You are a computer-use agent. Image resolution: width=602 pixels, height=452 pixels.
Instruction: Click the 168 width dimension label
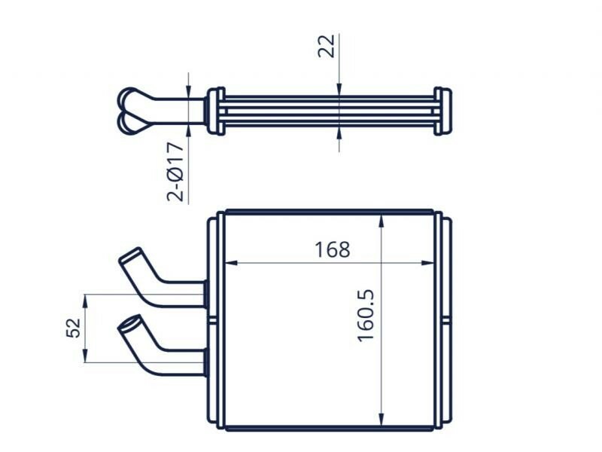click(333, 250)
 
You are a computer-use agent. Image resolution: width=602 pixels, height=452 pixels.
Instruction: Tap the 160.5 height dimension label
click(366, 315)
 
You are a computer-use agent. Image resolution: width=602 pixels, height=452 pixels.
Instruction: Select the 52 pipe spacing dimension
click(74, 328)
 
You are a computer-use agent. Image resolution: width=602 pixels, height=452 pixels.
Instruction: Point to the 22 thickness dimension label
click(327, 46)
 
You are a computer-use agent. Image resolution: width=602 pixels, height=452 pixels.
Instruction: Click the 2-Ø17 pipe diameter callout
click(175, 172)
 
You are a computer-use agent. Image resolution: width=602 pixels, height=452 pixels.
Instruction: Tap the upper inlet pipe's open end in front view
click(130, 255)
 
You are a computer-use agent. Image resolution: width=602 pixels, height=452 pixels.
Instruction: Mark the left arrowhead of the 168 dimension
click(230, 263)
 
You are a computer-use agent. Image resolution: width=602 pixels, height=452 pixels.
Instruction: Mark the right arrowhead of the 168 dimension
click(427, 263)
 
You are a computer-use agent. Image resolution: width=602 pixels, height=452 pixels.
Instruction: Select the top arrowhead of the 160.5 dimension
click(381, 221)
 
